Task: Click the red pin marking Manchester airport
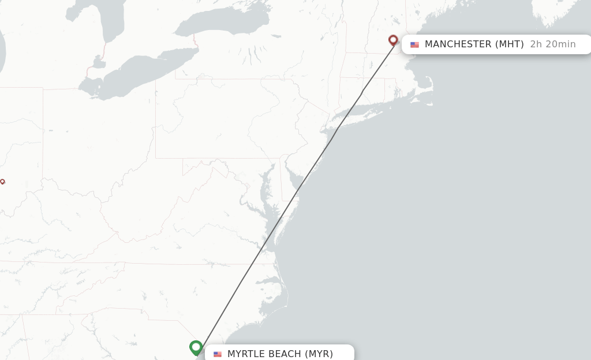coord(393,40)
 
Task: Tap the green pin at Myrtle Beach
coord(196,347)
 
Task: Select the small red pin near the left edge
coord(2,182)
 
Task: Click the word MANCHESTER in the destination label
coord(458,44)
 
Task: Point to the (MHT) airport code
coord(510,44)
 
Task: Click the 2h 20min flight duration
coord(552,44)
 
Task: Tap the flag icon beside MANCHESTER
coord(414,44)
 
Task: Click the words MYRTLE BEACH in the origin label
coord(264,354)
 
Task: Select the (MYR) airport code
coord(319,354)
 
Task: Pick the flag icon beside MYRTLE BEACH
coord(218,354)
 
